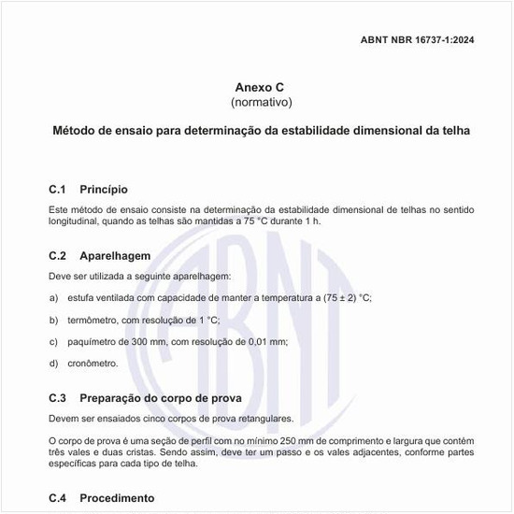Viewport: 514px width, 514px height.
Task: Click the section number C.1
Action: pos(57,189)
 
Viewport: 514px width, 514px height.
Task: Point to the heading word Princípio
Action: pos(110,189)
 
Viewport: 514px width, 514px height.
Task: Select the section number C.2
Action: pos(57,255)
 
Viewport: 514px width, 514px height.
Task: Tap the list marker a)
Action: pos(53,297)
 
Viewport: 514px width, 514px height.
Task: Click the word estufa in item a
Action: pos(81,297)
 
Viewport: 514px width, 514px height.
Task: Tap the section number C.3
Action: pos(57,397)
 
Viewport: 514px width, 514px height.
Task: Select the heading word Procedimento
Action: pos(117,498)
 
